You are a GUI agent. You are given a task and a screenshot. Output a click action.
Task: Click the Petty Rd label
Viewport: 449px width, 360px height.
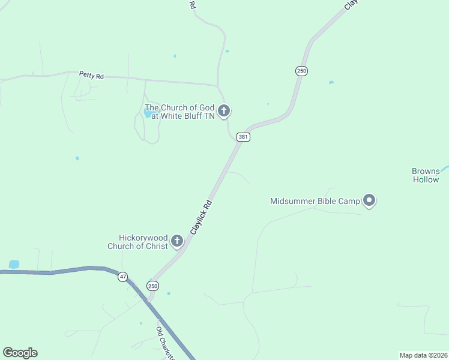(x=91, y=76)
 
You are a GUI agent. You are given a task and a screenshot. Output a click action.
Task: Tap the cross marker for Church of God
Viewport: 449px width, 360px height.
(x=224, y=110)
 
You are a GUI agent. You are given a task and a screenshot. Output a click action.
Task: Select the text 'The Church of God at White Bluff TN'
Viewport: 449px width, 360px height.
(x=179, y=112)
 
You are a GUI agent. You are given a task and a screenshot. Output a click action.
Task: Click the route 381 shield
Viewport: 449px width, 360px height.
(x=243, y=137)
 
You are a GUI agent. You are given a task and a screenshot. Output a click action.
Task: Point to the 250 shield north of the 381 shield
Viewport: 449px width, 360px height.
(x=301, y=71)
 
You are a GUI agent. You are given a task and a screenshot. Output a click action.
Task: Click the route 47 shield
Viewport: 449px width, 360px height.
(x=123, y=277)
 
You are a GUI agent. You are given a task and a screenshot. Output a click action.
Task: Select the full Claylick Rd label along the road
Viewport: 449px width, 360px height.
(x=201, y=217)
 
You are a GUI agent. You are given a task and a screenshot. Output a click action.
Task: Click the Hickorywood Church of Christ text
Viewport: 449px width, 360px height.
(x=137, y=242)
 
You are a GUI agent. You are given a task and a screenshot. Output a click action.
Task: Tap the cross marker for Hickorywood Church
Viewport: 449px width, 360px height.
(x=176, y=241)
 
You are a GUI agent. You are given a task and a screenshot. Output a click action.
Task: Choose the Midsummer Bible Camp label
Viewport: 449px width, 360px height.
(x=315, y=201)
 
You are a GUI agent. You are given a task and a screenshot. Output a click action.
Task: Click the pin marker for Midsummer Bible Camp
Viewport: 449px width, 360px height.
(x=369, y=200)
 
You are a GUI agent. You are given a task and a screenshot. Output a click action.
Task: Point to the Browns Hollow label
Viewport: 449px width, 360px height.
(x=426, y=175)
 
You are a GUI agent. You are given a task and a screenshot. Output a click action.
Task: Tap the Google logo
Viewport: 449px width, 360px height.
(x=20, y=353)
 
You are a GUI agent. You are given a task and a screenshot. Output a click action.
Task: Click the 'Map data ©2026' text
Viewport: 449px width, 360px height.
(x=423, y=355)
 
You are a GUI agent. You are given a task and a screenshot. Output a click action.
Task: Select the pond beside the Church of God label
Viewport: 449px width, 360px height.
(x=150, y=113)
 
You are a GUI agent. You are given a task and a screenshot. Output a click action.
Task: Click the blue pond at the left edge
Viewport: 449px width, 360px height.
(x=14, y=264)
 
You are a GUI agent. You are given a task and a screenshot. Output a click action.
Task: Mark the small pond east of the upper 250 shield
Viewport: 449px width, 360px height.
(x=331, y=82)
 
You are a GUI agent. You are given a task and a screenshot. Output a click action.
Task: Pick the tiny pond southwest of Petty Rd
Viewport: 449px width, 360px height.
(x=77, y=158)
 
